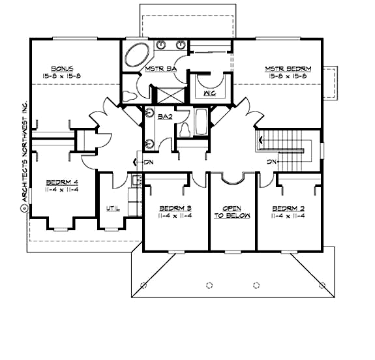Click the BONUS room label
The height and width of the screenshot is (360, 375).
pyautogui.click(x=63, y=68)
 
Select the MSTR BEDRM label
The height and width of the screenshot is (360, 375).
pyautogui.click(x=288, y=68)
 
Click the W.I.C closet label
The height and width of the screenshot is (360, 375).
pyautogui.click(x=209, y=93)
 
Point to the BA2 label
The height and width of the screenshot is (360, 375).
pyautogui.click(x=165, y=116)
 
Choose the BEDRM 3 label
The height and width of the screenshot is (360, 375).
pyautogui.click(x=175, y=209)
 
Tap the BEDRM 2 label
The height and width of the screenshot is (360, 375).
pyautogui.click(x=288, y=209)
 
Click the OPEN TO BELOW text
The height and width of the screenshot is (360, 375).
pyautogui.click(x=232, y=213)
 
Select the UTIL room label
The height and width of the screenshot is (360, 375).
pyautogui.click(x=112, y=209)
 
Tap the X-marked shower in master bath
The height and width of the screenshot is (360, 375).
pyautogui.click(x=169, y=93)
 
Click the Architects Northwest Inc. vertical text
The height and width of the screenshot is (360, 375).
pyautogui.click(x=22, y=157)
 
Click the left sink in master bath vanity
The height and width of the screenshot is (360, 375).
pyautogui.click(x=161, y=44)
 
